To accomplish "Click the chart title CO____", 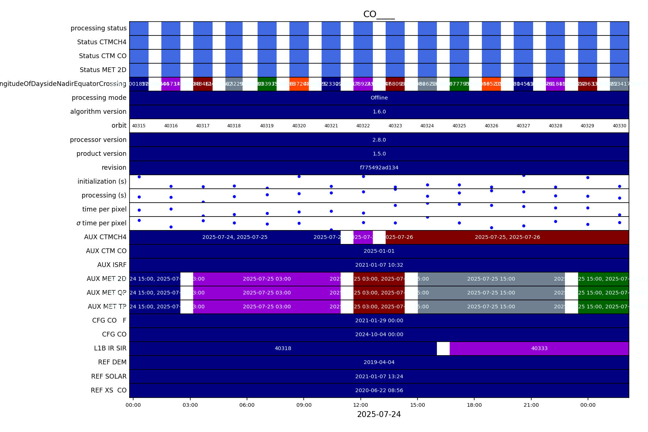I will tap(379, 14).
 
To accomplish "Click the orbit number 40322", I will tap(363, 126).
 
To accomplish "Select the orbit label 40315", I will tap(139, 126).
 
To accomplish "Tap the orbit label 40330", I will tap(619, 126).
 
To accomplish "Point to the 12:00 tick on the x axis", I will tap(361, 405).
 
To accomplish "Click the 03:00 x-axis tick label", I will tap(190, 405).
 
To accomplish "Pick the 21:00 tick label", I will tap(531, 405).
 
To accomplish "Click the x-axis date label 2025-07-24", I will tap(379, 414).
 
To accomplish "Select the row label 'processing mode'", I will tap(99, 98).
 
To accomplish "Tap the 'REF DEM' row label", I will tap(112, 362).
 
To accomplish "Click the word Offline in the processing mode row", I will tap(379, 98).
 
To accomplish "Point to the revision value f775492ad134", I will tap(379, 168).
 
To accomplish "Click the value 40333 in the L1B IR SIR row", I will tap(539, 348).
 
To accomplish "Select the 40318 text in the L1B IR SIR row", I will tap(283, 348).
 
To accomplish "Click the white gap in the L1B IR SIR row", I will tap(443, 348).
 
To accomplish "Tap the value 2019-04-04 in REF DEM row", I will tap(379, 362).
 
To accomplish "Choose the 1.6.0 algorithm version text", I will tap(379, 112).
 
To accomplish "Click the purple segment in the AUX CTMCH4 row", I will tap(363, 237).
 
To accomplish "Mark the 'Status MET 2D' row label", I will tap(103, 70).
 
